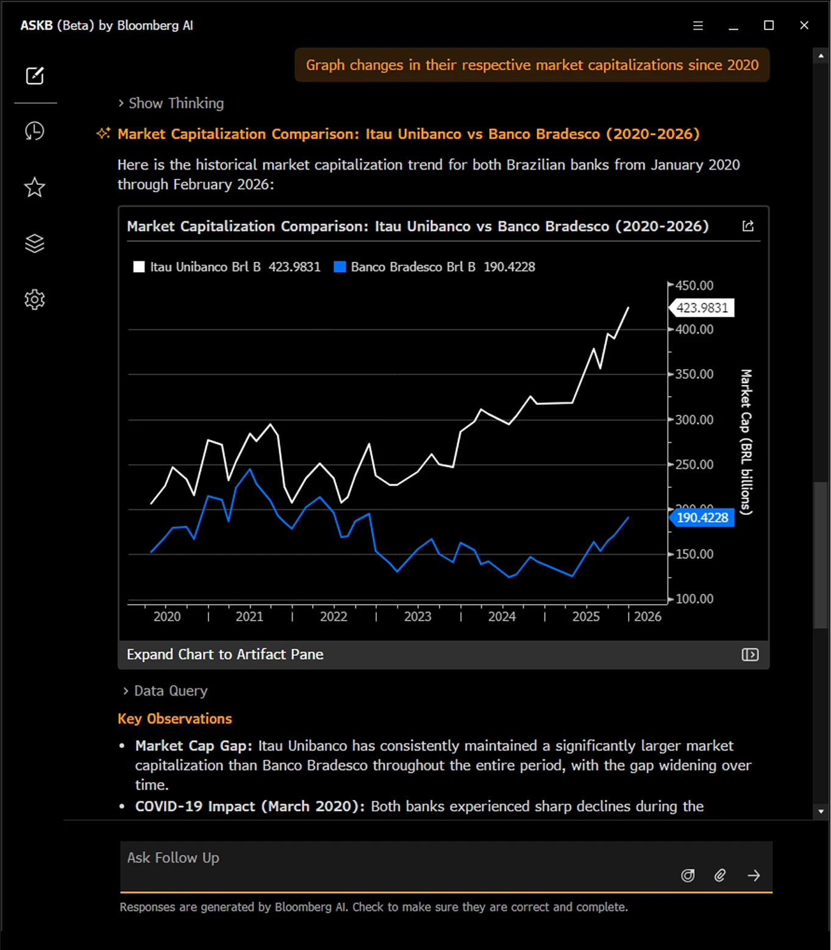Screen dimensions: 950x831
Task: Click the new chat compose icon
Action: [x=35, y=76]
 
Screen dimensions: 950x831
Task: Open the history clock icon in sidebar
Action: [x=35, y=131]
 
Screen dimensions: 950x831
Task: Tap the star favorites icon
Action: [x=35, y=187]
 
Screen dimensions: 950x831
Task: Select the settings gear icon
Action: [x=35, y=300]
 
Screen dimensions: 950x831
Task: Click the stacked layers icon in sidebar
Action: [x=35, y=243]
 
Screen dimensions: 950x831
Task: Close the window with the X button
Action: [x=804, y=26]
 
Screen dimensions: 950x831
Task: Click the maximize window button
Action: [x=769, y=26]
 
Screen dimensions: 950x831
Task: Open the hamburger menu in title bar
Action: [x=698, y=26]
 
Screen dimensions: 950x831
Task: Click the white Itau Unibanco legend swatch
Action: [x=139, y=267]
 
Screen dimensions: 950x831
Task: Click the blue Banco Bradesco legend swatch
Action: [x=340, y=267]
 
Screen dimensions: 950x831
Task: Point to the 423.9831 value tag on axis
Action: [x=702, y=308]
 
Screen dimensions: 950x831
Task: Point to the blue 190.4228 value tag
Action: [x=702, y=517]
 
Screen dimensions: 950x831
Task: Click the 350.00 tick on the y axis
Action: [x=694, y=374]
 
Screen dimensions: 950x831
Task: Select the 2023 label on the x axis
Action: [x=418, y=616]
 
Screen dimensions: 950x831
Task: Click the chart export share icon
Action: [x=748, y=226]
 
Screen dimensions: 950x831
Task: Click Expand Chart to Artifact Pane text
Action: [x=225, y=654]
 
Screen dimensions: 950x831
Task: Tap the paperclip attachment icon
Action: [x=720, y=876]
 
